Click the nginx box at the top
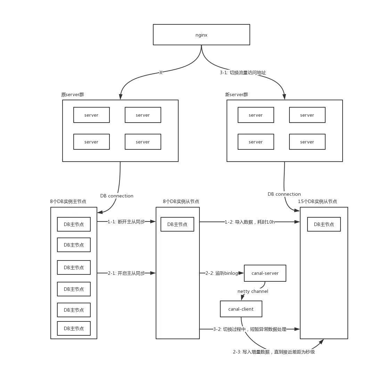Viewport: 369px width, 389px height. point(202,35)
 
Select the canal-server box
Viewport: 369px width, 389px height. point(265,273)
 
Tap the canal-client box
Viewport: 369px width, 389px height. point(241,309)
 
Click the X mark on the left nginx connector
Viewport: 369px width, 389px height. point(161,72)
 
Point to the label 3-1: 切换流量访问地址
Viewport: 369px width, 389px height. point(243,73)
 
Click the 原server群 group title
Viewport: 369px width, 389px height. point(73,94)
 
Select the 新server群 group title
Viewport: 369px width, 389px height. point(236,94)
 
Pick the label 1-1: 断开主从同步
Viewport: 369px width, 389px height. point(126,222)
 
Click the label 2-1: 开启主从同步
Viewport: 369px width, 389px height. point(126,273)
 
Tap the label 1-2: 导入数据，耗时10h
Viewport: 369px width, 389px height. point(250,222)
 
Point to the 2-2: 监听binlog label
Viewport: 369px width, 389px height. point(222,273)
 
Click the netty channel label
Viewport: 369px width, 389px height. point(253,291)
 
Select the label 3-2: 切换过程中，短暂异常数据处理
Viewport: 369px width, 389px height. point(250,329)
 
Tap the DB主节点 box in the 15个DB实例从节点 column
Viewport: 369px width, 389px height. point(324,224)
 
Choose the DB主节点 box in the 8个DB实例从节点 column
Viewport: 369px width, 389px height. point(177,224)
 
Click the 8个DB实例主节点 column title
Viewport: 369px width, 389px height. point(68,201)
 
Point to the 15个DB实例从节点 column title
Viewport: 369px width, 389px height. point(318,201)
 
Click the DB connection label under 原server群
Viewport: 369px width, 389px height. point(117,196)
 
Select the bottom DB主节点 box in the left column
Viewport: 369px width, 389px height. point(74,328)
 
